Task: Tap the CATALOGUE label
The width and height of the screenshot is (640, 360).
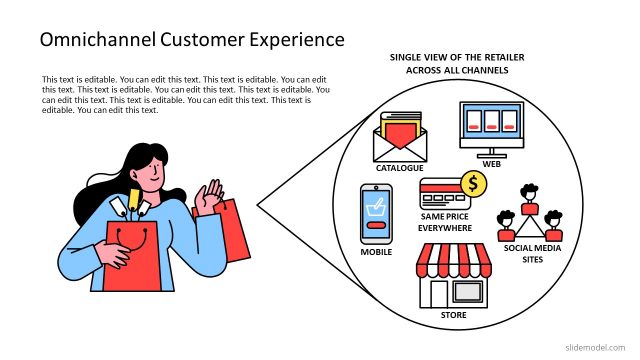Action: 401,168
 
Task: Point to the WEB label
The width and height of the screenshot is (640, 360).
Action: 491,163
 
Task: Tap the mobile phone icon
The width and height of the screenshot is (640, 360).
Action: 375,214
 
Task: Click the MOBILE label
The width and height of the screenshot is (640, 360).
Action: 376,253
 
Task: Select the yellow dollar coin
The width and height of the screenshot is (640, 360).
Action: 472,183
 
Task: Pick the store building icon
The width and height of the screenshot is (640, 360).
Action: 453,278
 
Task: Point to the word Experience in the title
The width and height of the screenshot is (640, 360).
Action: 290,40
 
